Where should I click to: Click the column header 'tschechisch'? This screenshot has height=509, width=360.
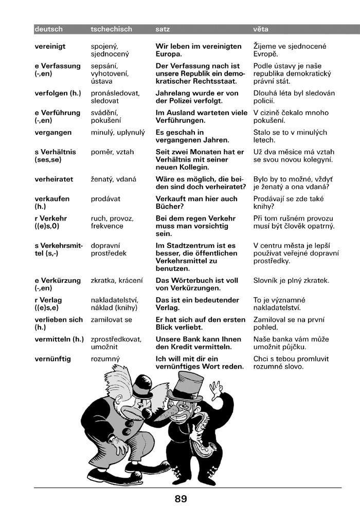click(x=111, y=29)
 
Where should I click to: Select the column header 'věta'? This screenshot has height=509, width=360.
click(x=261, y=29)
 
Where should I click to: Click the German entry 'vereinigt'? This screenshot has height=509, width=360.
click(x=50, y=46)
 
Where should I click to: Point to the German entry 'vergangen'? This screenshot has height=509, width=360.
click(x=53, y=132)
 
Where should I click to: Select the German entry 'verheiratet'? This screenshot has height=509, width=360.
click(x=53, y=179)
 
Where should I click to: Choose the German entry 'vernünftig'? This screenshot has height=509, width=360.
click(x=52, y=359)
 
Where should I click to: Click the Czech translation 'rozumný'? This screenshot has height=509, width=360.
click(x=105, y=359)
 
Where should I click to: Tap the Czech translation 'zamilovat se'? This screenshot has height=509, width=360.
click(x=111, y=320)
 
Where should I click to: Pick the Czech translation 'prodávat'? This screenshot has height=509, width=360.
click(x=105, y=198)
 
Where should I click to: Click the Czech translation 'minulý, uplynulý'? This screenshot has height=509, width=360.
click(x=118, y=132)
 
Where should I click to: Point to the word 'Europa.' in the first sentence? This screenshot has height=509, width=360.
click(x=169, y=53)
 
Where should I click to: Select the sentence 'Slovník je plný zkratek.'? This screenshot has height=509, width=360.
click(x=291, y=281)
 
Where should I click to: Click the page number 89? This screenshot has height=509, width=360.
click(x=181, y=498)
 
